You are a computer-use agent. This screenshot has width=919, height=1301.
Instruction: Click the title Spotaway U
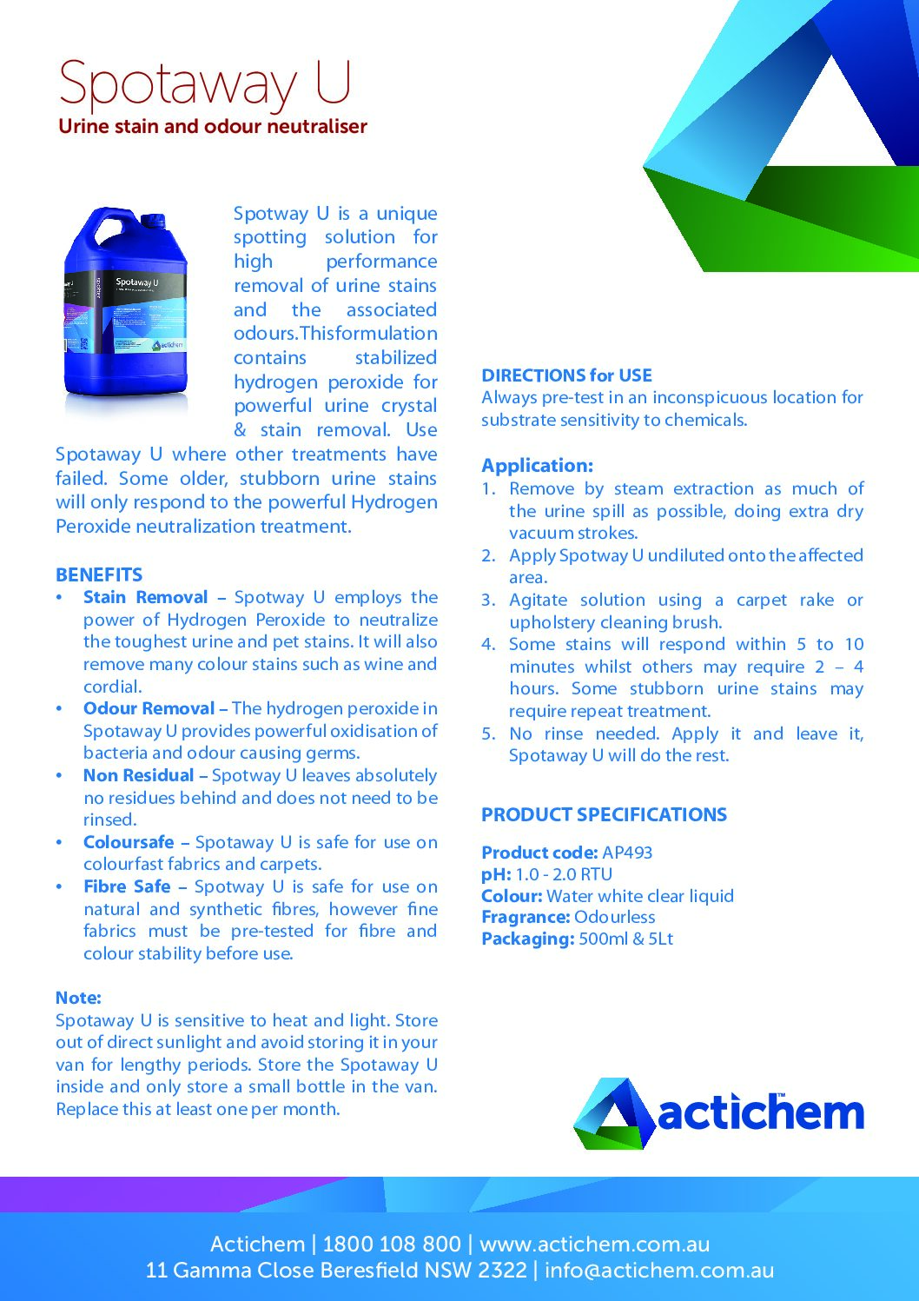[205, 84]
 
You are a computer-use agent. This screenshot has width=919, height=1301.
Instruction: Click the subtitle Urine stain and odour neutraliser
[213, 127]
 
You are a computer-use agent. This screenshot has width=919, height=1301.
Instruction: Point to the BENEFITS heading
[99, 575]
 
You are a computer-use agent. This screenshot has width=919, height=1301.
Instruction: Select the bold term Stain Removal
[145, 598]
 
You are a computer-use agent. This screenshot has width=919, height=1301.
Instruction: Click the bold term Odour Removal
[149, 709]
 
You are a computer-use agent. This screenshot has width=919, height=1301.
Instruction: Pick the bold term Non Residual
[138, 776]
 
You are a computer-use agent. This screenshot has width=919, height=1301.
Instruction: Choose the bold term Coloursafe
[129, 842]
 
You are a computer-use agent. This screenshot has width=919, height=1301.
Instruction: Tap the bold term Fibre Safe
[127, 887]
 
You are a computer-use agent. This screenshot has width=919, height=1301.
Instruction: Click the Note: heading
[78, 999]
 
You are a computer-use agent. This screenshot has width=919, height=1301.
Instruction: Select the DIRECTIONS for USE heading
[566, 375]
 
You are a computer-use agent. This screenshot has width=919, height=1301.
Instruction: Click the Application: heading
[538, 466]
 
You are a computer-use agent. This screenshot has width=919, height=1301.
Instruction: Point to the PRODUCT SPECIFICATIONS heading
[604, 815]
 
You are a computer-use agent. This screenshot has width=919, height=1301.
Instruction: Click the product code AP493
[627, 853]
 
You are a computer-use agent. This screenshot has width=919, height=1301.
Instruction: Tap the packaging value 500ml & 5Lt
[625, 939]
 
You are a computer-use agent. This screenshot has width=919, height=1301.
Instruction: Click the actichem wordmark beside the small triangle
[760, 1114]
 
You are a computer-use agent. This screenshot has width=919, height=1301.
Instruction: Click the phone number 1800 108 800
[392, 1245]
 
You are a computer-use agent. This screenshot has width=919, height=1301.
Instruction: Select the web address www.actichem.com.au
[594, 1245]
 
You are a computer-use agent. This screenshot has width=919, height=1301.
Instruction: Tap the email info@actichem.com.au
[659, 1271]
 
